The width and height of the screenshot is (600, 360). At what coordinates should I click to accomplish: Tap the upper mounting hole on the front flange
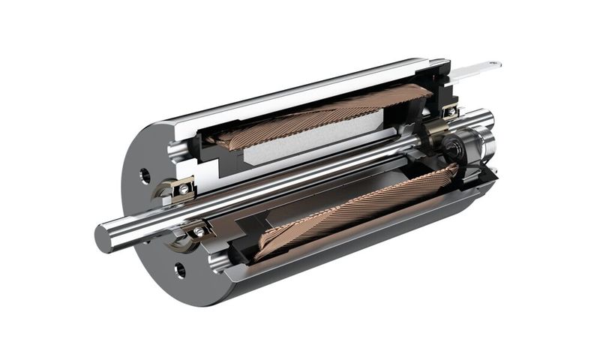(x=145, y=175)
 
